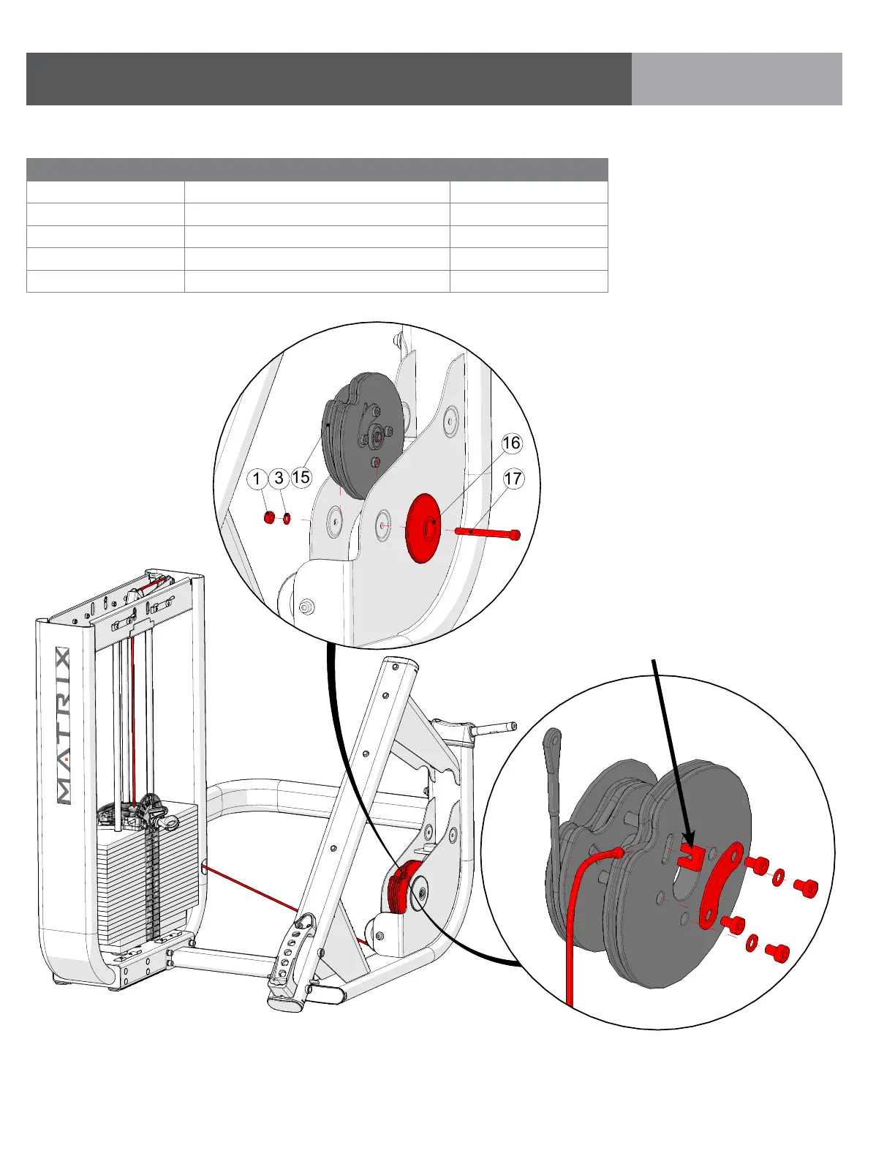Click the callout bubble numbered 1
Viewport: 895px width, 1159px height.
click(257, 479)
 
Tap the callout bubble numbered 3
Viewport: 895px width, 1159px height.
click(279, 479)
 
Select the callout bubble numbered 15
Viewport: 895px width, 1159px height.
click(301, 478)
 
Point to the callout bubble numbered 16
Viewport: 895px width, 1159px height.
click(511, 443)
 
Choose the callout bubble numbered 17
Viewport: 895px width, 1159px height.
click(513, 479)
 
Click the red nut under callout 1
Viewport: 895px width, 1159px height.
click(269, 518)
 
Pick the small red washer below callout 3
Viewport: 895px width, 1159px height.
click(287, 519)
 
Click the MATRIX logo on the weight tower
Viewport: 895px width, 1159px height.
click(64, 726)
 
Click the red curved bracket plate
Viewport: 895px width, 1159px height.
click(719, 885)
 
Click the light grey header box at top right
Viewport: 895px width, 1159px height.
click(736, 79)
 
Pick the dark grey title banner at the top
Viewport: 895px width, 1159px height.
click(329, 79)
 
